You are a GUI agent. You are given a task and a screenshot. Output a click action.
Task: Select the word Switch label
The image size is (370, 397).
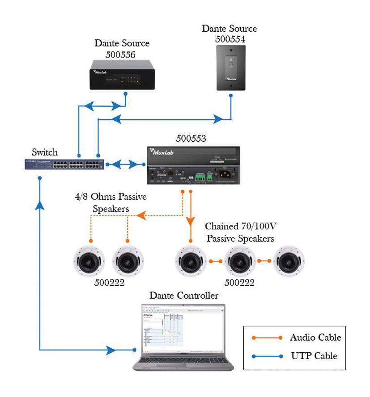click(45, 152)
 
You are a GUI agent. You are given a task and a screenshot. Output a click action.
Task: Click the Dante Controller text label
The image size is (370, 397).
click(184, 296)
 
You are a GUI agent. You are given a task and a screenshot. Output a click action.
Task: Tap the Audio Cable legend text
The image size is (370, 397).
click(315, 338)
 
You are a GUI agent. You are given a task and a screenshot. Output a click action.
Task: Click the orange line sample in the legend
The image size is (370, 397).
click(267, 338)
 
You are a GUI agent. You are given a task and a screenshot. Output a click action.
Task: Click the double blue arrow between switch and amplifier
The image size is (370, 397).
click(127, 164)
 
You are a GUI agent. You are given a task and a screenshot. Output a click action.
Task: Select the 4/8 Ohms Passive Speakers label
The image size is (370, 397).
click(111, 203)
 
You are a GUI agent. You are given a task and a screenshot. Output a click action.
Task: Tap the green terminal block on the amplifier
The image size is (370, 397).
click(200, 177)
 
